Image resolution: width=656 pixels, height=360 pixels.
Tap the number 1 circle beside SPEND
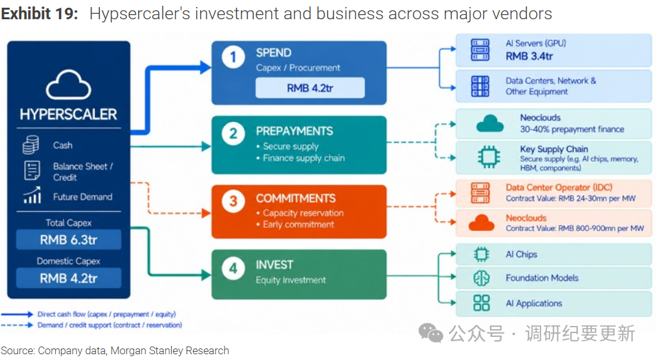point(233,57)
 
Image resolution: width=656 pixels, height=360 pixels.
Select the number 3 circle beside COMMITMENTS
point(233,201)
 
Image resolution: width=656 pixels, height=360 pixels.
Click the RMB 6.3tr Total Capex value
point(69,240)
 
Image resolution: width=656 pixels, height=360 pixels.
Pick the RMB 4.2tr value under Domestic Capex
point(69,279)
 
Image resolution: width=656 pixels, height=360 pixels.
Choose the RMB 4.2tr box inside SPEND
point(310,88)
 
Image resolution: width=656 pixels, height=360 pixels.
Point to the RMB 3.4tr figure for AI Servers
point(529,56)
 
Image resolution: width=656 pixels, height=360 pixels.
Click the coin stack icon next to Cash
point(31,145)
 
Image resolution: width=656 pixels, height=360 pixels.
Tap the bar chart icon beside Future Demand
point(32,195)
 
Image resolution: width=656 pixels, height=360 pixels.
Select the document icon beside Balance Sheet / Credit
point(32,170)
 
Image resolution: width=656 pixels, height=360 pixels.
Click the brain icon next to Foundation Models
point(481,278)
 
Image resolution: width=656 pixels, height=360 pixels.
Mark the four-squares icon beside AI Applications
point(481,303)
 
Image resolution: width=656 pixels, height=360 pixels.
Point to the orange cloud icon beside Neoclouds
point(481,223)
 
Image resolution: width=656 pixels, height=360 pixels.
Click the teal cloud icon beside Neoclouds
point(490,124)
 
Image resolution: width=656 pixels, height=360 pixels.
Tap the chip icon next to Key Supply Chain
point(489,157)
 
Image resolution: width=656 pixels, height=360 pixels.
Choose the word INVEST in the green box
point(274,265)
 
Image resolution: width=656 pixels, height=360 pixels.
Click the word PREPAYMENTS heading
point(294,132)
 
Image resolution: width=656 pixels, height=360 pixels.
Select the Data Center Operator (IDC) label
point(559,187)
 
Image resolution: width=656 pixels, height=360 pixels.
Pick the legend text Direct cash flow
point(62,314)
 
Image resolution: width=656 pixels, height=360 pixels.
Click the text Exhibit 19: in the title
point(40,14)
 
